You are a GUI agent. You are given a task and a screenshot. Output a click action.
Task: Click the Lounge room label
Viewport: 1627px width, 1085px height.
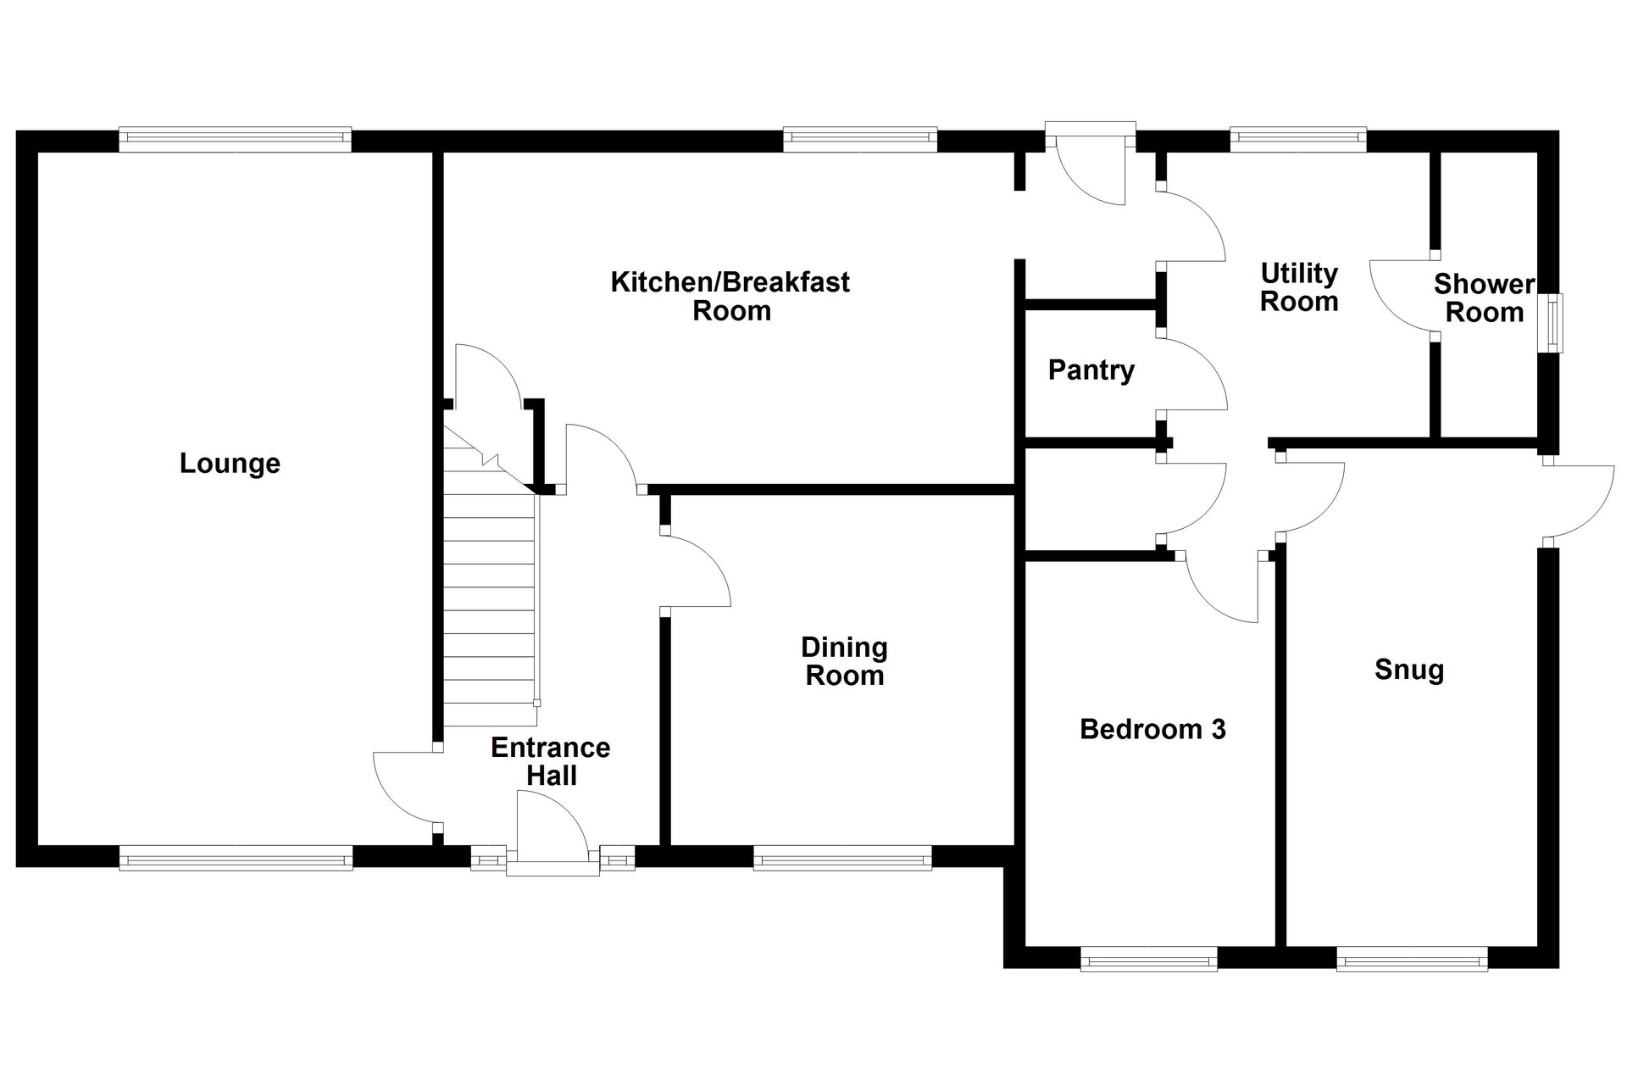(x=230, y=464)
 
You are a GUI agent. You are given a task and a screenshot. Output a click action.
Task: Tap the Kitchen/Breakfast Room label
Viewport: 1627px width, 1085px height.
(x=730, y=296)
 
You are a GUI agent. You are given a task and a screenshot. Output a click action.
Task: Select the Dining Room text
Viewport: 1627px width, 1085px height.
(x=845, y=661)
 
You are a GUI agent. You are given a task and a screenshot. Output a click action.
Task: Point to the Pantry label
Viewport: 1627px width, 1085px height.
(x=1091, y=370)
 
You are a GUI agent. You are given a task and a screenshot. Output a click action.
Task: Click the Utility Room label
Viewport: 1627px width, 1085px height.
(x=1299, y=287)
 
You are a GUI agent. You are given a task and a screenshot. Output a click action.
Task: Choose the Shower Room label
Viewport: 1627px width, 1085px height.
(x=1484, y=298)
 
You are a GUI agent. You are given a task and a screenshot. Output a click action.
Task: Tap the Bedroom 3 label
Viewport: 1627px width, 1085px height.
(x=1152, y=729)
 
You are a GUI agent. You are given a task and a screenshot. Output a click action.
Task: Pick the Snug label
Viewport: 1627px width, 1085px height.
(x=1409, y=670)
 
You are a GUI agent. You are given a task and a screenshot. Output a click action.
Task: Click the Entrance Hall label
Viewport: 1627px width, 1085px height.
(x=551, y=761)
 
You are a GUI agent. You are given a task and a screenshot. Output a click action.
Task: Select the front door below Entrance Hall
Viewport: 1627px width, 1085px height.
(x=553, y=831)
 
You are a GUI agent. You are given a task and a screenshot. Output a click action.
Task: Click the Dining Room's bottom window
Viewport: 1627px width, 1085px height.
(x=842, y=858)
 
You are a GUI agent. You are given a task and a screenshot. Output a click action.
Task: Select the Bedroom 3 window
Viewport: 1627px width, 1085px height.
(x=1149, y=959)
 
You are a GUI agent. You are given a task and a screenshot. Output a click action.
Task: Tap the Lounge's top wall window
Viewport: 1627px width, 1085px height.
(x=235, y=140)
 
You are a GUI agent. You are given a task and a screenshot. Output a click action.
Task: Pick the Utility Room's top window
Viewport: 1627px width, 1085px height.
(x=1298, y=140)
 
